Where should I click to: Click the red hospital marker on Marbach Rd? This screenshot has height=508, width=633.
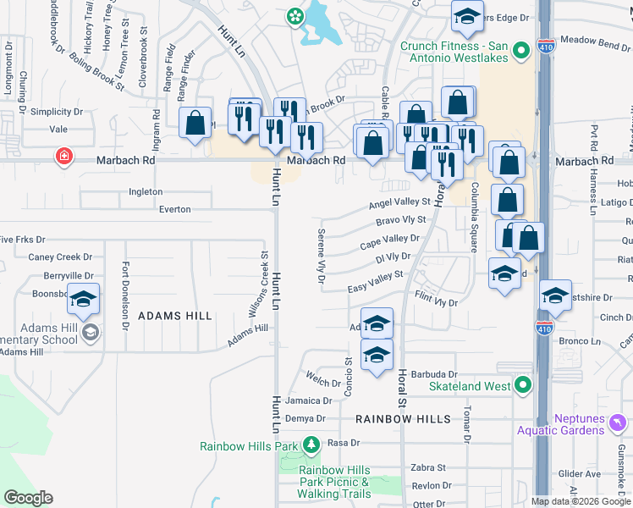click(x=63, y=156)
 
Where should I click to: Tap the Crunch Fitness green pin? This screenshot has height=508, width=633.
click(x=522, y=50)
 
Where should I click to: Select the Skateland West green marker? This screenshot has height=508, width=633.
click(x=523, y=386)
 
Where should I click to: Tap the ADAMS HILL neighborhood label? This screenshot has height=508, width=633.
click(x=175, y=316)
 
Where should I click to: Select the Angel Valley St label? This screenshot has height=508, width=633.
click(x=399, y=203)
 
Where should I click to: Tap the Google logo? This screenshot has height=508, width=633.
click(x=28, y=497)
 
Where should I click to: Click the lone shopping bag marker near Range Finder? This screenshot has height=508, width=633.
click(x=195, y=123)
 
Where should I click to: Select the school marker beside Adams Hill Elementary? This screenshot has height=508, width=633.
click(x=84, y=299)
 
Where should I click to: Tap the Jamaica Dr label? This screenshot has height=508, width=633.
click(x=307, y=400)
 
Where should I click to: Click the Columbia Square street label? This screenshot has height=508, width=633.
click(x=476, y=217)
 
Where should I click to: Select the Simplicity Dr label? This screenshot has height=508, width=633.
click(x=57, y=112)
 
